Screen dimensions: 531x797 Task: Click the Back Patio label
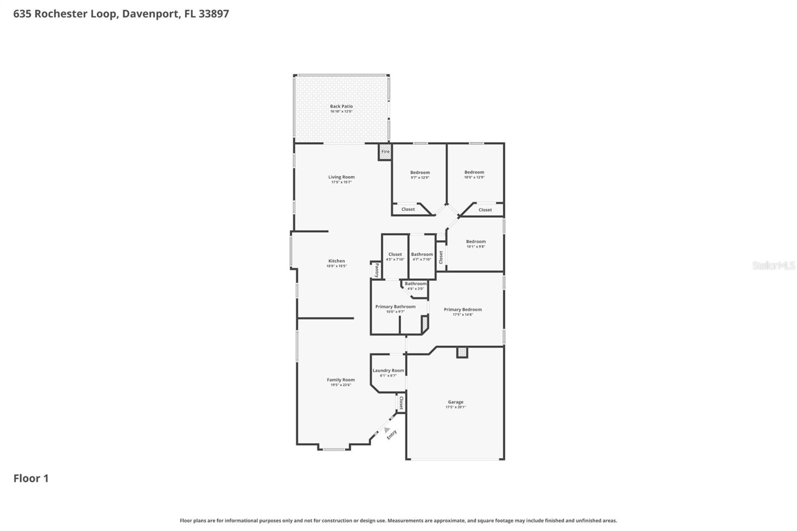[x=341, y=106]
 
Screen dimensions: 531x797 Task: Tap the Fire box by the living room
[x=385, y=152]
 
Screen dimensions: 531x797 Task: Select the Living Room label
[x=341, y=177]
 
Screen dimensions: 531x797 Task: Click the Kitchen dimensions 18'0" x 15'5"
[x=336, y=266]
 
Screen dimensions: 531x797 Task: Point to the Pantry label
[x=377, y=270]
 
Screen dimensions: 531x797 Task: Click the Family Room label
[x=341, y=380]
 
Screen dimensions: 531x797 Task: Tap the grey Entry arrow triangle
[x=387, y=429]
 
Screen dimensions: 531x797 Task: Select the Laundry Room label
[x=388, y=370]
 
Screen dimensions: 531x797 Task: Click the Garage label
[x=455, y=401]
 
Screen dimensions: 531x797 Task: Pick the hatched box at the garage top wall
[x=462, y=352]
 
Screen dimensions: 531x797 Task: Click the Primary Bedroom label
[x=463, y=309]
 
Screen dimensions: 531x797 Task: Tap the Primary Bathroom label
[x=395, y=306]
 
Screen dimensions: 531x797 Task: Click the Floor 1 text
[x=31, y=478]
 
